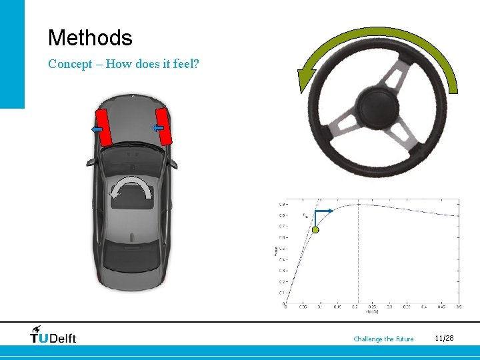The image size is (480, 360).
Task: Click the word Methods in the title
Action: (90, 38)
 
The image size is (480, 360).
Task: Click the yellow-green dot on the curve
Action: (316, 230)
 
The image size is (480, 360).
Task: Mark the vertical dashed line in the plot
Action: (359, 253)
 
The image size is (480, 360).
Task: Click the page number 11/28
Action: (443, 339)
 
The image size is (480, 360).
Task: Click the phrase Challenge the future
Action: (383, 339)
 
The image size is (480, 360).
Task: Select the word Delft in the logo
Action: (63, 338)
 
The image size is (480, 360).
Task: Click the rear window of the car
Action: (131, 253)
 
